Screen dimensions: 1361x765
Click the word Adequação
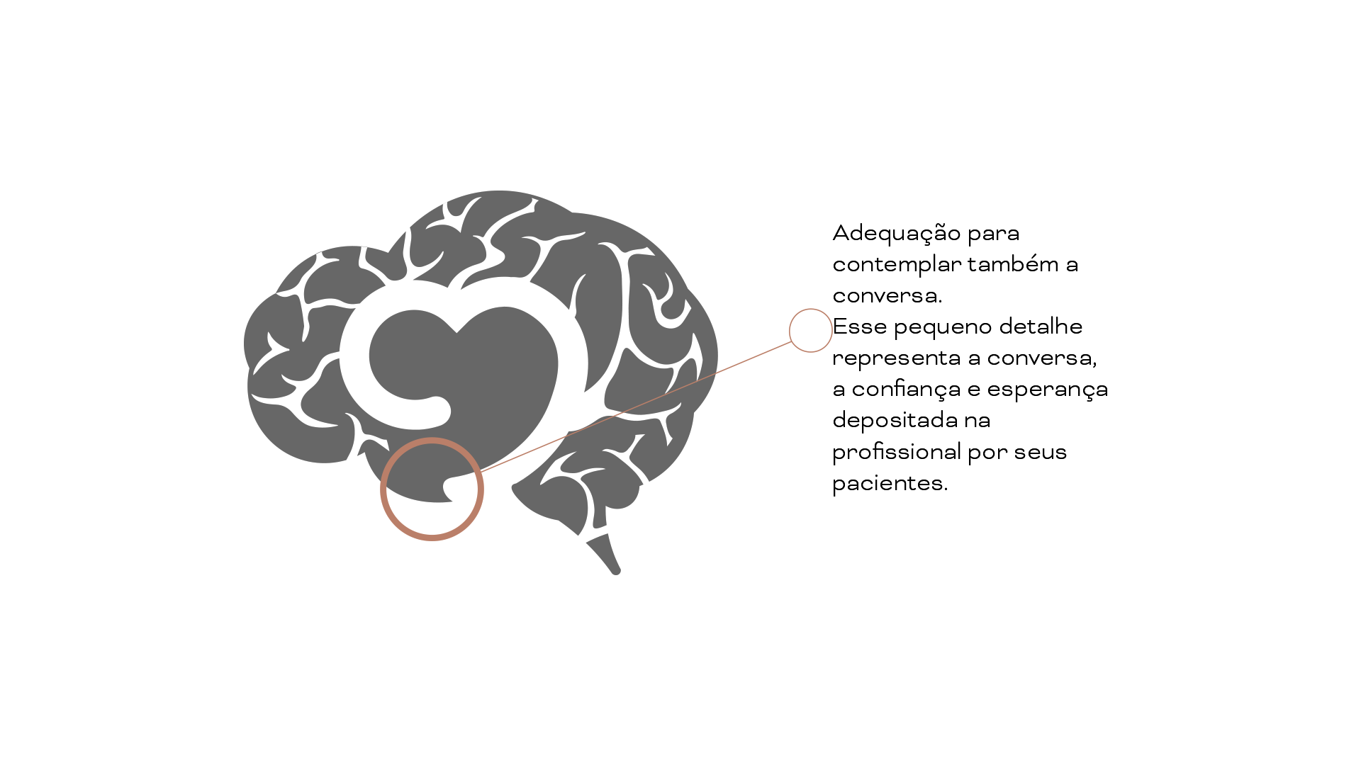(896, 234)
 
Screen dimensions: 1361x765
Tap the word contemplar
(896, 265)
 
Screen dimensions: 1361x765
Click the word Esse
(859, 327)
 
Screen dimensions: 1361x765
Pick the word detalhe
(1041, 327)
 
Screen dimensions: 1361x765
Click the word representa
(896, 359)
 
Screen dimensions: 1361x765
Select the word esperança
(1047, 390)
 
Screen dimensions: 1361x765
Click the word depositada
(895, 421)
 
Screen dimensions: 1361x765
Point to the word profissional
(896, 453)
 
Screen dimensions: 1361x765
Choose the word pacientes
(889, 484)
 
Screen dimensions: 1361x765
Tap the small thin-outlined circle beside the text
(810, 330)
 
